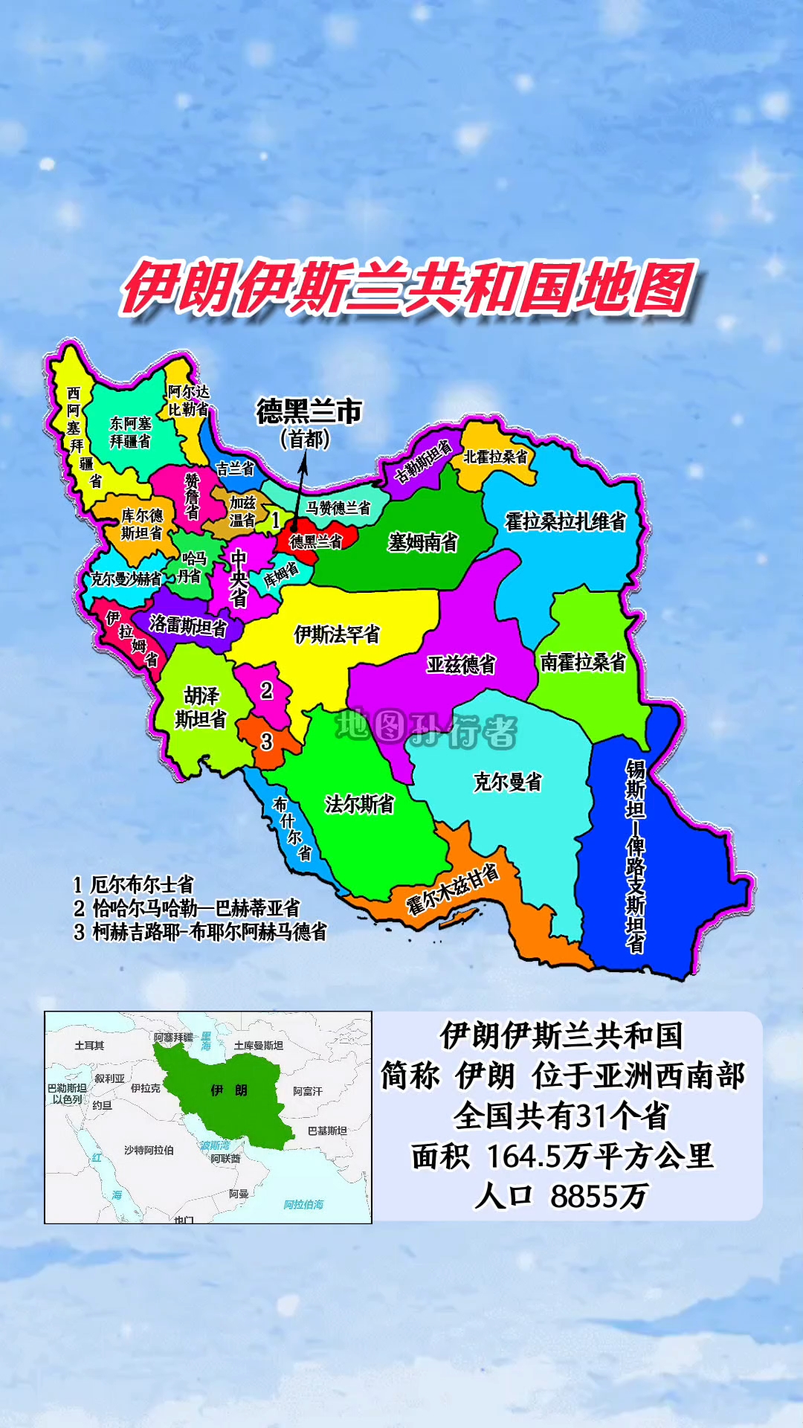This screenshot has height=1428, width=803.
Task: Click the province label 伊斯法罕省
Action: tap(337, 634)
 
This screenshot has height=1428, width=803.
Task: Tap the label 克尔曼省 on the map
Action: tap(508, 782)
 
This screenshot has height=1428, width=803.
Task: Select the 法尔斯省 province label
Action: tap(359, 804)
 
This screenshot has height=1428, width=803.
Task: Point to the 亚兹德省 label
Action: tap(461, 664)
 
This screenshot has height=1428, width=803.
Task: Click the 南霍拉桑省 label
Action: tap(583, 661)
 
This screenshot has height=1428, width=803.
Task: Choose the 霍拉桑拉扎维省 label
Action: tap(565, 521)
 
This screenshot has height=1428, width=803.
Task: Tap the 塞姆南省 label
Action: tap(422, 542)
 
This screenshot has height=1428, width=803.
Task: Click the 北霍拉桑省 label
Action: tap(495, 456)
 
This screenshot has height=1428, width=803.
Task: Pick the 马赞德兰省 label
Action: tap(338, 508)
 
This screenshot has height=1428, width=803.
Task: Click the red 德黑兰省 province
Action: tap(317, 541)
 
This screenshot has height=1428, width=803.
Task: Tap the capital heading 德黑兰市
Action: tap(309, 411)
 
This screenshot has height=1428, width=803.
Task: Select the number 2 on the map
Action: tap(267, 691)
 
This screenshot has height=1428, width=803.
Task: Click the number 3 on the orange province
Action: tap(267, 741)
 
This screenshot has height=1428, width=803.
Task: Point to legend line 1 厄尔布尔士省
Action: tap(134, 884)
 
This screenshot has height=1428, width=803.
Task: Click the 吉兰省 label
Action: tap(235, 469)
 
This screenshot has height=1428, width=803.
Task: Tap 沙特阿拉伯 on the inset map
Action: tap(149, 1150)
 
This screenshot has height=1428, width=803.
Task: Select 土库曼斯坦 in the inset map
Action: tap(258, 1045)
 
